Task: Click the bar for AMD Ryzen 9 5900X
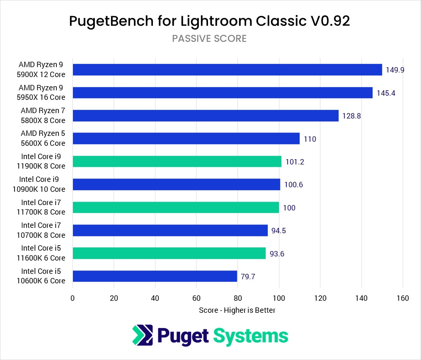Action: coord(227,70)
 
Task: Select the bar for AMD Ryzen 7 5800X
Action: coord(206,116)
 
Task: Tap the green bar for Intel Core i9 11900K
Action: coord(177,162)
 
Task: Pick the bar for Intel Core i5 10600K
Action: coord(155,276)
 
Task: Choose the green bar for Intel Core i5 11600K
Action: coord(169,253)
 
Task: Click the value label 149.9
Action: coord(395,70)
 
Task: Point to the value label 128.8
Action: coord(351,116)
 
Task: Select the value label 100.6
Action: coord(293,185)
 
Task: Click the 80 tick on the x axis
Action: coord(237,298)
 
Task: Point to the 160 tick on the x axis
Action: coord(402,298)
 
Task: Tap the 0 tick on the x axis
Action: coord(73,298)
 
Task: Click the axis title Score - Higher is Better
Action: coord(237,310)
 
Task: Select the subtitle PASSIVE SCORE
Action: coord(209,39)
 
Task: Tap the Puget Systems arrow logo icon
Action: coord(142,335)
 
